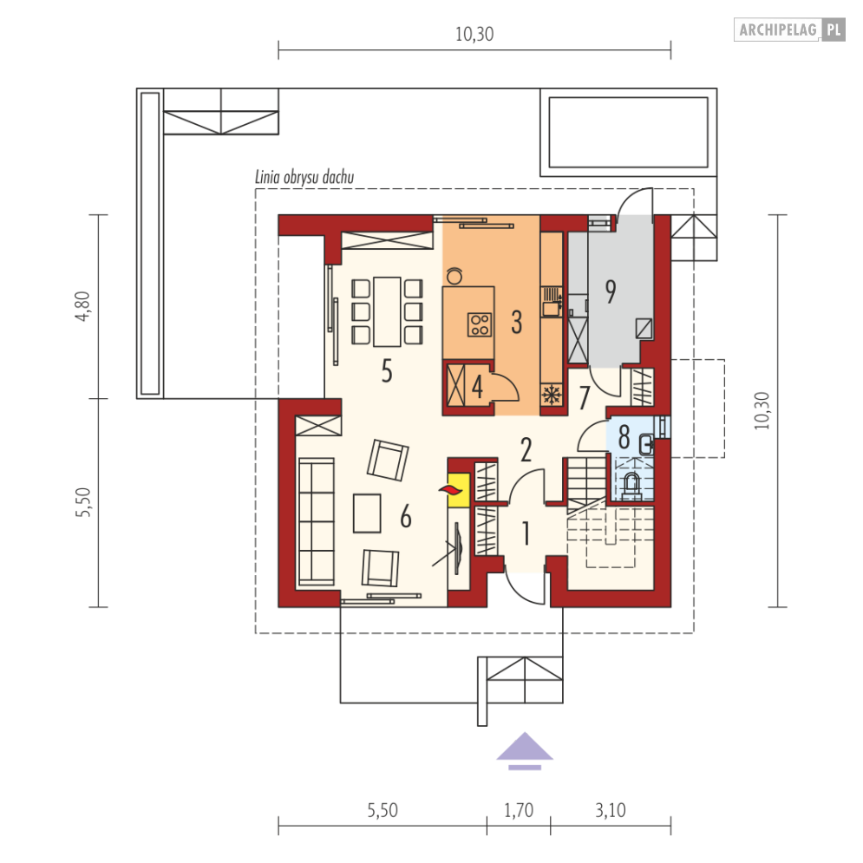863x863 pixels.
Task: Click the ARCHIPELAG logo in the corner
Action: (x=789, y=29)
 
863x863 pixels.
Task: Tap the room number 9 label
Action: (x=611, y=291)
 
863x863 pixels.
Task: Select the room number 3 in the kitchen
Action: (x=516, y=322)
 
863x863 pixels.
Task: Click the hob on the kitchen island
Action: (x=479, y=324)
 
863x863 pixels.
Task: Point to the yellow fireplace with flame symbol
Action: (x=457, y=489)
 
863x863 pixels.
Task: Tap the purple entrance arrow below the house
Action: (x=525, y=751)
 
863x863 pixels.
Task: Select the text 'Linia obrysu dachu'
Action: (x=304, y=177)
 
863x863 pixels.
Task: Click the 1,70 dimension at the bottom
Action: (x=519, y=810)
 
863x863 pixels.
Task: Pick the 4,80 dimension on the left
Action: (x=82, y=306)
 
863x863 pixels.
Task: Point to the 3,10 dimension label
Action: (x=611, y=810)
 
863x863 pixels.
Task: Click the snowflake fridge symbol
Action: (x=551, y=396)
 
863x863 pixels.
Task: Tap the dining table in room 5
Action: (x=387, y=311)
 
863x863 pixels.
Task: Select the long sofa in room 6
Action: (x=316, y=521)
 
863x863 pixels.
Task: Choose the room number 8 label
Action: (x=624, y=437)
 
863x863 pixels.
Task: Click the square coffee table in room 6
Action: (x=367, y=513)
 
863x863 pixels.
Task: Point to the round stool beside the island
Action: (x=454, y=276)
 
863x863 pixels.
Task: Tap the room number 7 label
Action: (x=585, y=397)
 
